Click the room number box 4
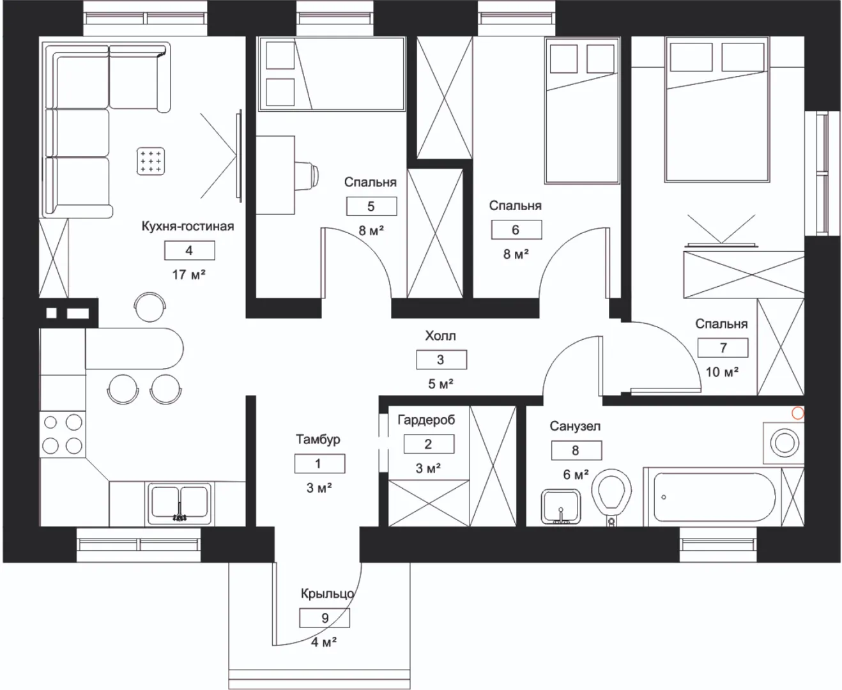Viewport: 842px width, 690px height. (x=190, y=250)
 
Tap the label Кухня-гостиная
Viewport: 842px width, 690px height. (x=188, y=226)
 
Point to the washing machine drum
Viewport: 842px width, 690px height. (x=785, y=443)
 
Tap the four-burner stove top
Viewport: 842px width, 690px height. (x=63, y=434)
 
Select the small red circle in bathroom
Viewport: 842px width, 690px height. (x=798, y=413)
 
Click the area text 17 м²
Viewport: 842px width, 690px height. (x=189, y=275)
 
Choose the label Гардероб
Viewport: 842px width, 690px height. (x=426, y=420)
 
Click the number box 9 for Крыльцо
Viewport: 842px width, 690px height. (x=325, y=618)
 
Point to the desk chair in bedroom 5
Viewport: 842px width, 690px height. (x=307, y=175)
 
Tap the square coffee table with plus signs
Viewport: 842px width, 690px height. (x=151, y=161)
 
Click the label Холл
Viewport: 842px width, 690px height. (x=440, y=336)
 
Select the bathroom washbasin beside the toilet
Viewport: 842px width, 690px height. (x=560, y=507)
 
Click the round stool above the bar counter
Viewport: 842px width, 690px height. (x=149, y=307)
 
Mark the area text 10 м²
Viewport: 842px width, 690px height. (x=723, y=372)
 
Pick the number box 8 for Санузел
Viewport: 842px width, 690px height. (x=576, y=450)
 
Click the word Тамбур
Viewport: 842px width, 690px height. (x=318, y=440)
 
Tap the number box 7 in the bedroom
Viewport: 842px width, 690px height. (x=723, y=348)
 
